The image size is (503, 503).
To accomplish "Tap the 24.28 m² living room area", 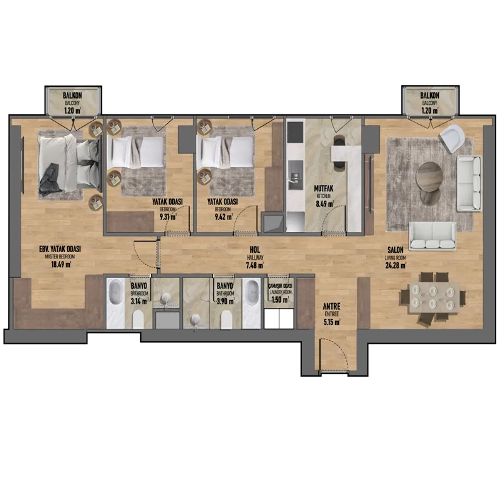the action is [396, 265].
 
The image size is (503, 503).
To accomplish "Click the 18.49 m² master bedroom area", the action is [61, 265].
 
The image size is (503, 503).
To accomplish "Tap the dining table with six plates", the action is [433, 297].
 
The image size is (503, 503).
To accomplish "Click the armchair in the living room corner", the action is [452, 138].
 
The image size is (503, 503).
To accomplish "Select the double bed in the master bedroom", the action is [69, 163].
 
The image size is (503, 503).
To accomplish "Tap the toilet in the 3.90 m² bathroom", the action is [226, 319].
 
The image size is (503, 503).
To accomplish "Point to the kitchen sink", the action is [295, 177].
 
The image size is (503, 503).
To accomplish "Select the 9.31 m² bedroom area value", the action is [168, 217].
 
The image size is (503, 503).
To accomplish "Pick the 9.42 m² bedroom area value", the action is [224, 217].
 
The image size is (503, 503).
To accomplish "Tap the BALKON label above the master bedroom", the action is [72, 96].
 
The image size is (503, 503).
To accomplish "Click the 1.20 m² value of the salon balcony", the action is [430, 111].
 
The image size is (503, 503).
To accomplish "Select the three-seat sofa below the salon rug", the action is [433, 236].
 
